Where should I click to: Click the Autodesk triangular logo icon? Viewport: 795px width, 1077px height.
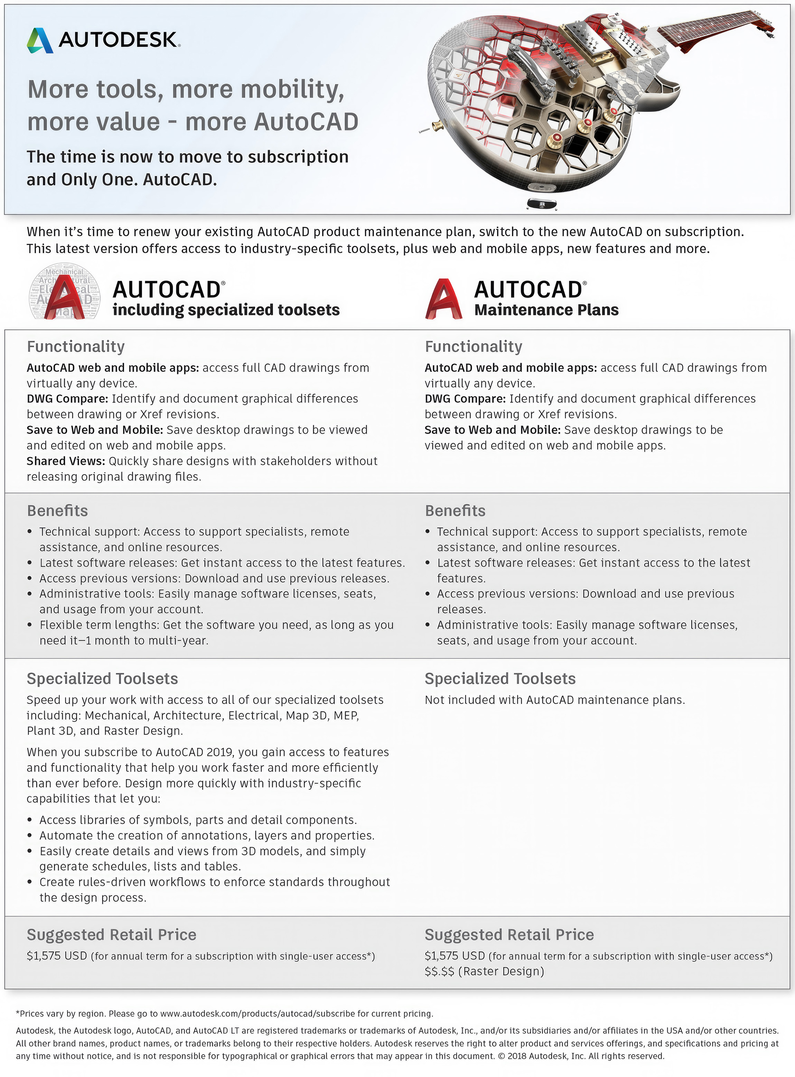(x=40, y=40)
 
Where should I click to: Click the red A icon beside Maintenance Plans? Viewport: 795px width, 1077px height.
(x=443, y=299)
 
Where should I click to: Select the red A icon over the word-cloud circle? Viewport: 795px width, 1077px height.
(x=65, y=298)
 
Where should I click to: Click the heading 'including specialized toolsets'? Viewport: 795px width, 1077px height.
(x=226, y=310)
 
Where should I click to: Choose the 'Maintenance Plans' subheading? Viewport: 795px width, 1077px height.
(x=546, y=310)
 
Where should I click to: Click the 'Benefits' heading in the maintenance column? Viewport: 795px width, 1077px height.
(x=455, y=511)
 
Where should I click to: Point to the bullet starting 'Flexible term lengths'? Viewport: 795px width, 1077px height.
(x=217, y=625)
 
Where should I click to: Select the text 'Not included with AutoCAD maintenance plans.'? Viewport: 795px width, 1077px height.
(x=554, y=700)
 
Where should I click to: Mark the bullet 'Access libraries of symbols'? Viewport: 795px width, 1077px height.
(x=198, y=820)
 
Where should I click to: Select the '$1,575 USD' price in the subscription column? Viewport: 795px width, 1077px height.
(x=57, y=956)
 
